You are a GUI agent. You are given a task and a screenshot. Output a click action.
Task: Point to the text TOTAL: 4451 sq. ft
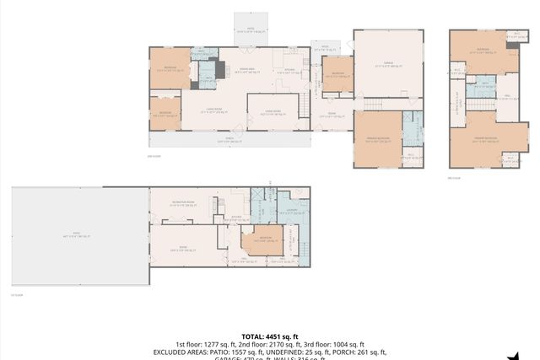click(269, 335)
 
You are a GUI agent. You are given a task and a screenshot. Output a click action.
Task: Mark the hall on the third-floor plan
click(506, 97)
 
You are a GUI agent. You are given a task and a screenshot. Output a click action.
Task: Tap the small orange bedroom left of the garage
click(337, 74)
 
